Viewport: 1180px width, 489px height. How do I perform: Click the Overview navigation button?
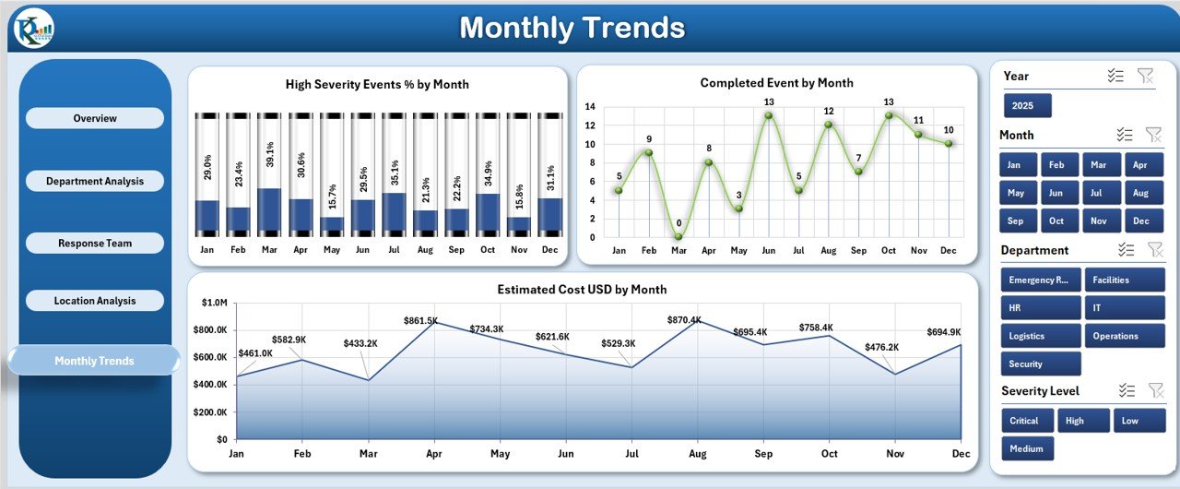tap(95, 118)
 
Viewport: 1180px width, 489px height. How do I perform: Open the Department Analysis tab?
tap(95, 181)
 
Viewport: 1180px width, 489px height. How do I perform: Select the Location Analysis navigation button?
tap(95, 301)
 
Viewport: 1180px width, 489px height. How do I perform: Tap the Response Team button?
tap(95, 244)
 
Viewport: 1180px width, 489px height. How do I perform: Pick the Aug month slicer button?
tap(1140, 193)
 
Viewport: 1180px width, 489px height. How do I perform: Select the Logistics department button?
tap(1040, 336)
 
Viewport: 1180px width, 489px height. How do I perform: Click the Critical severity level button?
tap(1024, 421)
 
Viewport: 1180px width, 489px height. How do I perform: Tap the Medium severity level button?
tap(1027, 449)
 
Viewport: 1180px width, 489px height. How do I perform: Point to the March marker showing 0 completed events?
tap(678, 236)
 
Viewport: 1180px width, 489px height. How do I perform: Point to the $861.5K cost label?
tap(421, 320)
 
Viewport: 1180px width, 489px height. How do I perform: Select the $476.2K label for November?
tap(882, 347)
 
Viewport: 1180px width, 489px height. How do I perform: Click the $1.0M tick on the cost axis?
tap(216, 303)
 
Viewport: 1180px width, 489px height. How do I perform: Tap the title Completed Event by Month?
tap(776, 83)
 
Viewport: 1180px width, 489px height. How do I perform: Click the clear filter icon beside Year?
tap(1145, 76)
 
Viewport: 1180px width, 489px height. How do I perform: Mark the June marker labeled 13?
tap(768, 115)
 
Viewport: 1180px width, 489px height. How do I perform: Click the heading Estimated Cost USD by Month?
tap(582, 290)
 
